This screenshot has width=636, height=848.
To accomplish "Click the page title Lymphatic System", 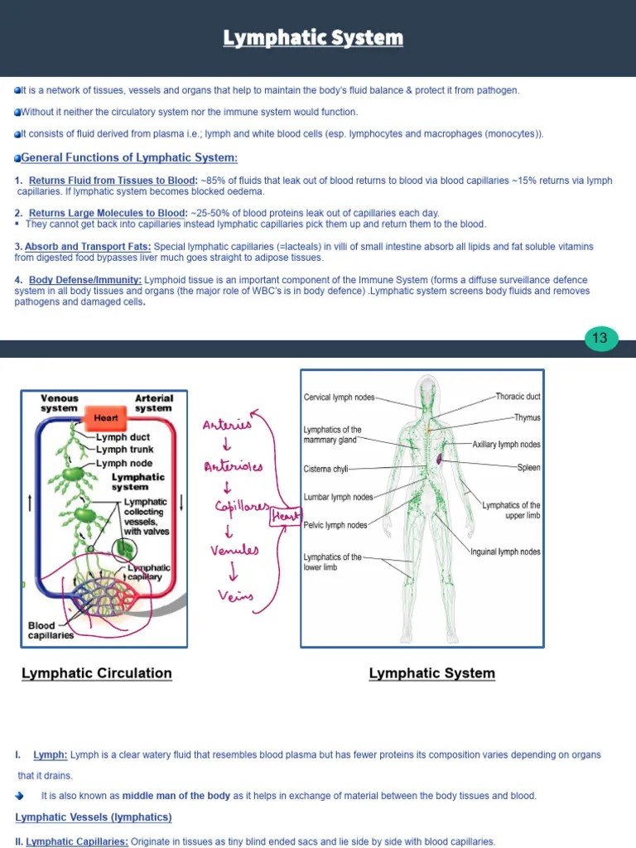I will [x=313, y=38].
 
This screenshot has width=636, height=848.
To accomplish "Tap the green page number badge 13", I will [x=600, y=338].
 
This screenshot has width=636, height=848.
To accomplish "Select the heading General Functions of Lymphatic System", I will [x=128, y=158].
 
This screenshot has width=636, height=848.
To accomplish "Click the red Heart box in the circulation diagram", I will [x=106, y=418].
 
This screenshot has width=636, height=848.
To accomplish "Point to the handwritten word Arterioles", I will [x=233, y=466].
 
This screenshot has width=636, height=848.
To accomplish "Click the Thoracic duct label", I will [x=518, y=397].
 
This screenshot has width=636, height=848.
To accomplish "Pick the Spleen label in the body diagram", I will [x=528, y=468].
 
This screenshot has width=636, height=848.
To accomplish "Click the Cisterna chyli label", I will [x=325, y=470].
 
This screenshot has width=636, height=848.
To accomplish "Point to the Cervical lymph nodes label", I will [x=339, y=397].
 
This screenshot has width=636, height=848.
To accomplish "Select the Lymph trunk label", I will [x=124, y=450].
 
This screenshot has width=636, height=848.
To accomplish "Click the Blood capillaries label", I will [x=51, y=630].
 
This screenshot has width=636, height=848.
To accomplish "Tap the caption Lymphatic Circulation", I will [x=97, y=673].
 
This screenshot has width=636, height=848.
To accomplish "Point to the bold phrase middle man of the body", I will [x=176, y=796].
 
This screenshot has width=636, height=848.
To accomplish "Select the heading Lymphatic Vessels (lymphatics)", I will [x=94, y=817].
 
